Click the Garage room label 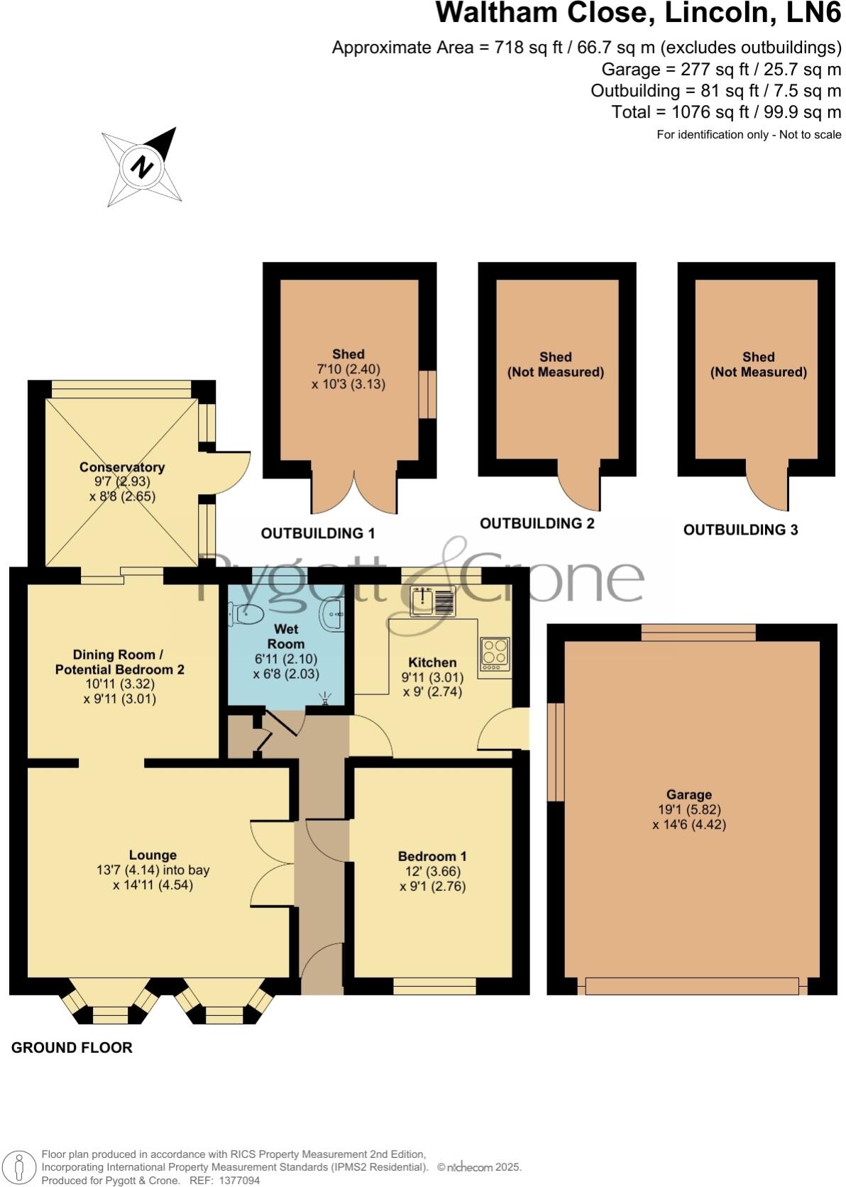[x=688, y=794]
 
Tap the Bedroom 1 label [x=432, y=856]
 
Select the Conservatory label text [x=122, y=467]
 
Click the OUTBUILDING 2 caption [x=537, y=523]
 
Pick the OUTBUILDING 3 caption [x=740, y=530]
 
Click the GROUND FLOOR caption [x=72, y=1047]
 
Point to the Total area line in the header [x=726, y=112]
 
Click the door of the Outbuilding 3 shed [x=768, y=486]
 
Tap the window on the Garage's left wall [x=556, y=752]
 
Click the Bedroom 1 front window [x=434, y=987]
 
